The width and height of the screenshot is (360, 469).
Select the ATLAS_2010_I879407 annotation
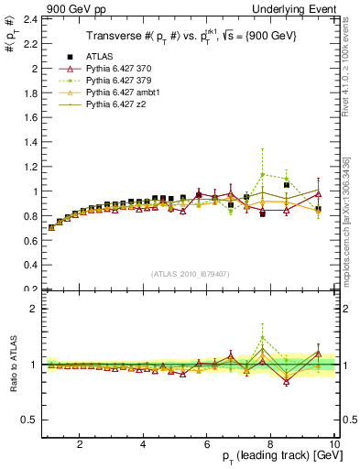click(x=189, y=273)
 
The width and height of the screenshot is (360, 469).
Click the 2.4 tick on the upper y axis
click(x=31, y=19)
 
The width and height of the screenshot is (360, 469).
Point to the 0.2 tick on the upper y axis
click(x=31, y=289)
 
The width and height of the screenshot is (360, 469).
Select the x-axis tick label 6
click(x=206, y=444)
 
